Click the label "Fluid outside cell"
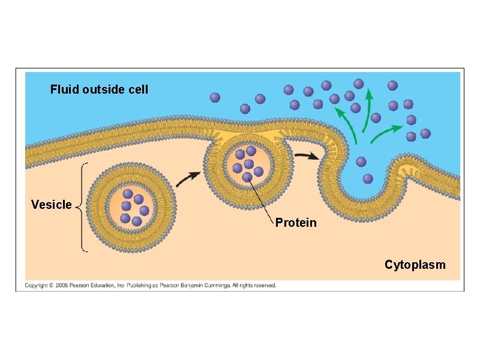click(x=99, y=90)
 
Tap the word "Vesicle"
click(x=51, y=205)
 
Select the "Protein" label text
click(x=296, y=223)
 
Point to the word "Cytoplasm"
click(x=415, y=265)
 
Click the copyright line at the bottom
click(x=150, y=286)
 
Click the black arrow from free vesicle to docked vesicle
click(x=190, y=176)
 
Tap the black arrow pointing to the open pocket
click(x=307, y=156)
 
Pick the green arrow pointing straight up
click(x=367, y=109)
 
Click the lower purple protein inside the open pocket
click(x=368, y=178)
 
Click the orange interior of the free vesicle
click(x=132, y=207)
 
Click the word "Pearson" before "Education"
click(x=82, y=286)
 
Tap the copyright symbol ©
click(x=52, y=286)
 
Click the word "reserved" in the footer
click(x=265, y=286)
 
